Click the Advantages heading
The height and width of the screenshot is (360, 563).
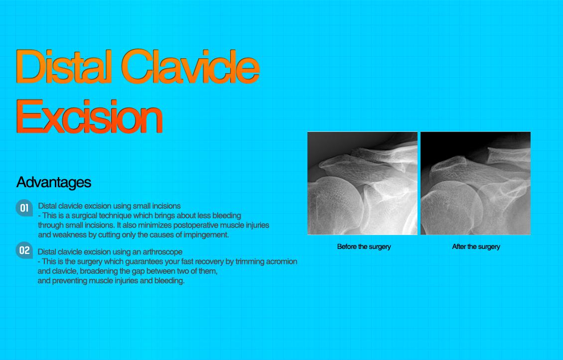54,182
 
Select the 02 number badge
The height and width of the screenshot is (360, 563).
24,250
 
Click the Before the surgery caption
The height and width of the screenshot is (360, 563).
364,247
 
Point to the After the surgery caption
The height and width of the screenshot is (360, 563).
476,247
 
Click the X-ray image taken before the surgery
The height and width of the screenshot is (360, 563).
362,183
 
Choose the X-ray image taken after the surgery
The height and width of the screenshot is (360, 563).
475,183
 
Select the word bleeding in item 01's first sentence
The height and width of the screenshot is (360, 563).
227,216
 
